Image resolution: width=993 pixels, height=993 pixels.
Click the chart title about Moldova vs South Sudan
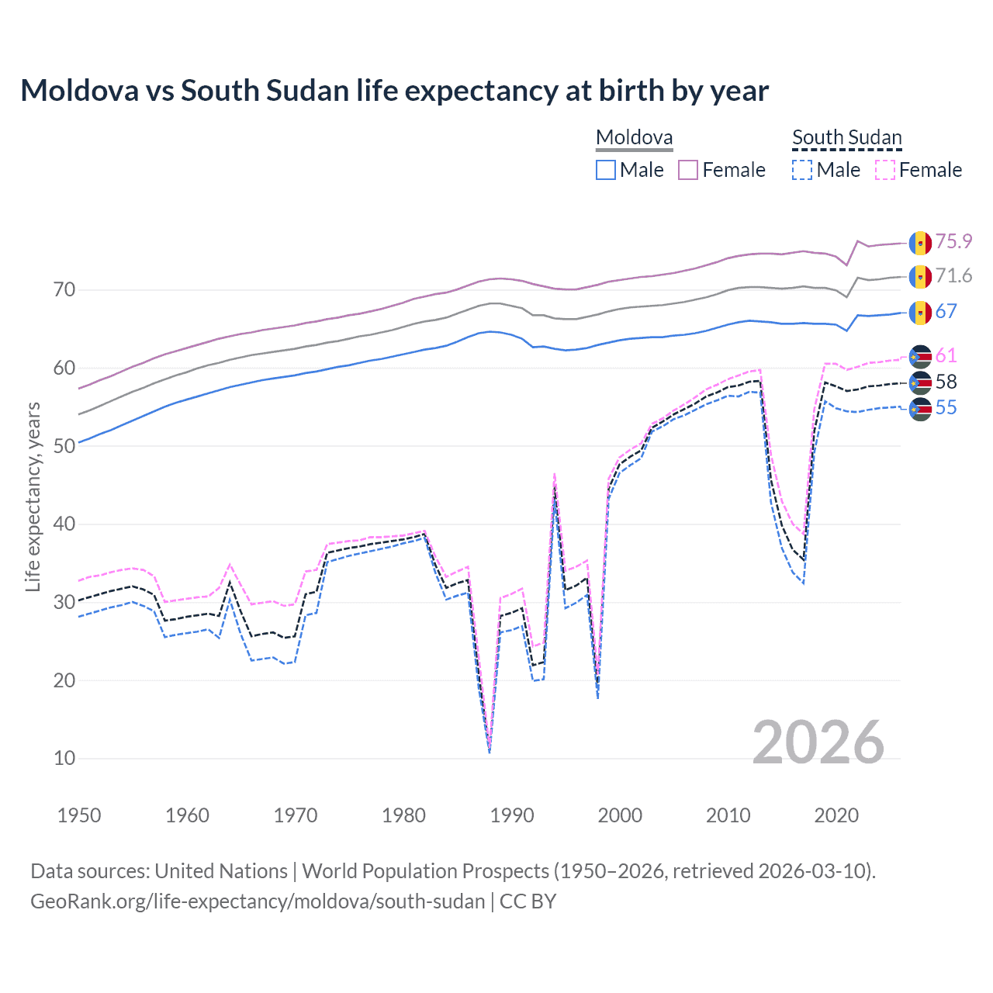pos(394,91)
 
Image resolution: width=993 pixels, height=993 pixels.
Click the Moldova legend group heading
pos(634,138)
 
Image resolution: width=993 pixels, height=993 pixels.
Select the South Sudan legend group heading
pos(846,138)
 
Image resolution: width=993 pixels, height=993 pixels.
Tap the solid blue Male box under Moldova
pos(606,170)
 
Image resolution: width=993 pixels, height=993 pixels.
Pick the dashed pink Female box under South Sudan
pos(885,170)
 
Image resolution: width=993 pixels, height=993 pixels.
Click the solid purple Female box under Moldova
pos(688,170)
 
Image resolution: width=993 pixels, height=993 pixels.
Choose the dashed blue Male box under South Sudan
pos(802,170)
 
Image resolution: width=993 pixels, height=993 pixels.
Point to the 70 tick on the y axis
pos(64,290)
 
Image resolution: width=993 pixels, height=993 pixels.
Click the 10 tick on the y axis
pos(64,758)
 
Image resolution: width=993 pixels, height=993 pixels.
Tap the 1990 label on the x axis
pos(512,815)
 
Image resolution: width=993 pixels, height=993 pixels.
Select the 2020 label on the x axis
pos(836,815)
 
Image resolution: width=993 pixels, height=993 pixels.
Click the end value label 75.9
pos(953,241)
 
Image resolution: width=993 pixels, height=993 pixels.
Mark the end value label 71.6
pos(953,275)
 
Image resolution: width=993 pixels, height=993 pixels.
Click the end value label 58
pos(946,382)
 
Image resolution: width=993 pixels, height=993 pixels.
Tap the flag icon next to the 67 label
pos(920,312)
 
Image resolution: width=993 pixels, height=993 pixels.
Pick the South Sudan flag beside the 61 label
pos(920,356)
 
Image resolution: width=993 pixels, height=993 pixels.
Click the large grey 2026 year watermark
pos(818,742)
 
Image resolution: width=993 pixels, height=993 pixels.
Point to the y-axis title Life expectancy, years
pos(33,496)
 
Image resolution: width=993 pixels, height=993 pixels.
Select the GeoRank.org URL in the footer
pos(258,901)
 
